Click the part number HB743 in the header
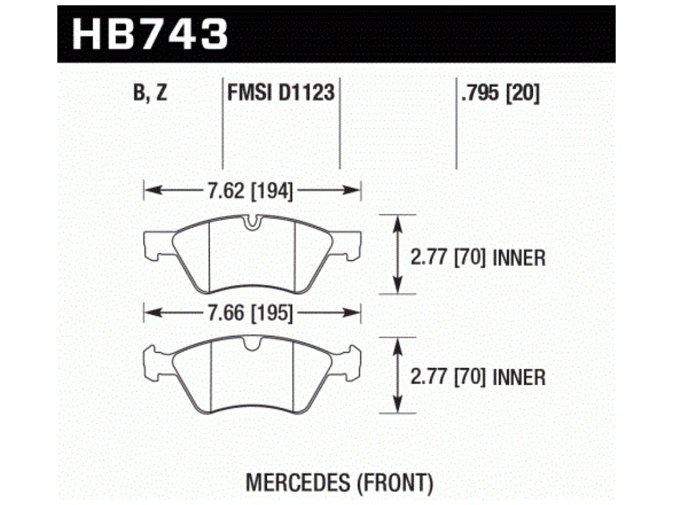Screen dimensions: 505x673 (150, 33)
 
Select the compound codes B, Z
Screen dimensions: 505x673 (150, 94)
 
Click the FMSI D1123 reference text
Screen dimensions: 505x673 (280, 94)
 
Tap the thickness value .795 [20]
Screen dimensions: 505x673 (499, 94)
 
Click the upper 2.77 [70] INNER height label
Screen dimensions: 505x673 (477, 258)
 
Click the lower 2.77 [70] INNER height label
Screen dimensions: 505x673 (477, 377)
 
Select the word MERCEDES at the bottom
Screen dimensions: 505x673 (297, 482)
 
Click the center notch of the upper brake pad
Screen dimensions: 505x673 (253, 224)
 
